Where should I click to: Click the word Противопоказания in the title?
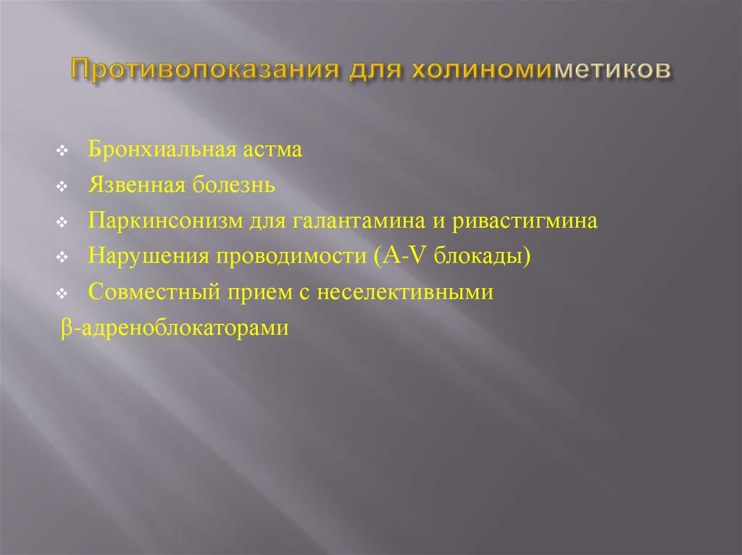coord(205,69)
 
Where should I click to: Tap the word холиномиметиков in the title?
coord(541,69)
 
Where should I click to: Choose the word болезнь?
coord(234,185)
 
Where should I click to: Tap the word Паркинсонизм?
coord(166,220)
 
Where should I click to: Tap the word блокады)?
coord(482,255)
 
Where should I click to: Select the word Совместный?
coord(154,292)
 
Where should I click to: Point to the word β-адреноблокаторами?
coord(175,328)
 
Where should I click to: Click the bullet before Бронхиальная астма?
coord(62,151)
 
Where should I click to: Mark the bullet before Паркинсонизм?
coord(62,222)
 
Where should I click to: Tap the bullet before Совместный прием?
coord(62,294)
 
